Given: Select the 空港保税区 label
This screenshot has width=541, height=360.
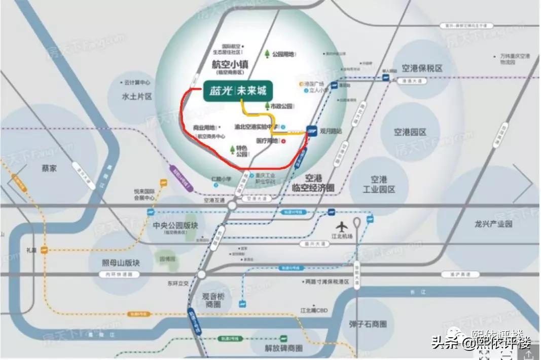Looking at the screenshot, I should click(422, 68).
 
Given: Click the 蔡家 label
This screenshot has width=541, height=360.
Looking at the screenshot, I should click(49, 168).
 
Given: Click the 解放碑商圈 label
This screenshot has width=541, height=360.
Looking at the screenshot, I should click(283, 348).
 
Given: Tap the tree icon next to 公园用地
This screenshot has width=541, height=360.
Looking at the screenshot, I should click(267, 54).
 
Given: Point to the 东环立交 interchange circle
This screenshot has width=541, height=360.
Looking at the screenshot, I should click(202, 274).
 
